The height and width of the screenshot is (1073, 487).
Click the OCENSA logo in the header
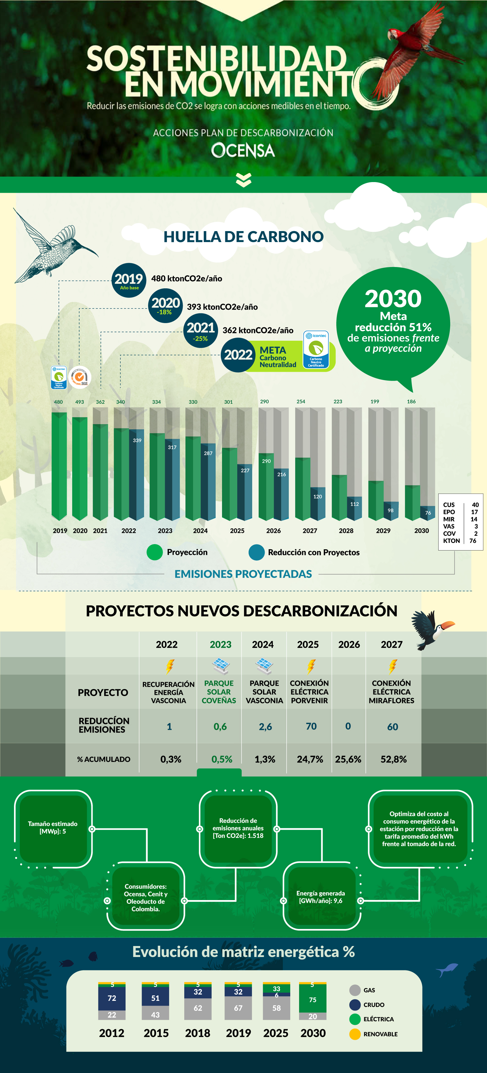[x=243, y=150]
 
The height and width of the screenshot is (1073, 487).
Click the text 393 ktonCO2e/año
[x=222, y=307]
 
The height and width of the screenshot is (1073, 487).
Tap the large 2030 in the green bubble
[x=393, y=299]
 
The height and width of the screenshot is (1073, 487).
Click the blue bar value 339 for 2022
[x=137, y=440]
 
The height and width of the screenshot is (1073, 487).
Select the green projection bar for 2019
[x=59, y=464]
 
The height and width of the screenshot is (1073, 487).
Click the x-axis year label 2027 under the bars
[x=310, y=531]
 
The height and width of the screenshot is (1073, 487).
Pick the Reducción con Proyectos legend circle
[x=256, y=552]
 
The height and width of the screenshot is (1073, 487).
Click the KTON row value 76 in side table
[x=473, y=541]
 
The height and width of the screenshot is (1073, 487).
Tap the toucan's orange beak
[x=449, y=625]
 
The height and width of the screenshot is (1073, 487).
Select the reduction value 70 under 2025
[x=311, y=726]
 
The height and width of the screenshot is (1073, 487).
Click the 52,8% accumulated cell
[x=393, y=759]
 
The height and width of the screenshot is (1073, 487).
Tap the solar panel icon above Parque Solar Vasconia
[x=264, y=666]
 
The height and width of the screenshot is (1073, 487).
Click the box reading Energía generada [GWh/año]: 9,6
[x=321, y=896]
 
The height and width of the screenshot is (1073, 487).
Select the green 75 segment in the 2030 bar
[x=313, y=1000]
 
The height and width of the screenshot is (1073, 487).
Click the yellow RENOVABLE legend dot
[x=355, y=1034]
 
